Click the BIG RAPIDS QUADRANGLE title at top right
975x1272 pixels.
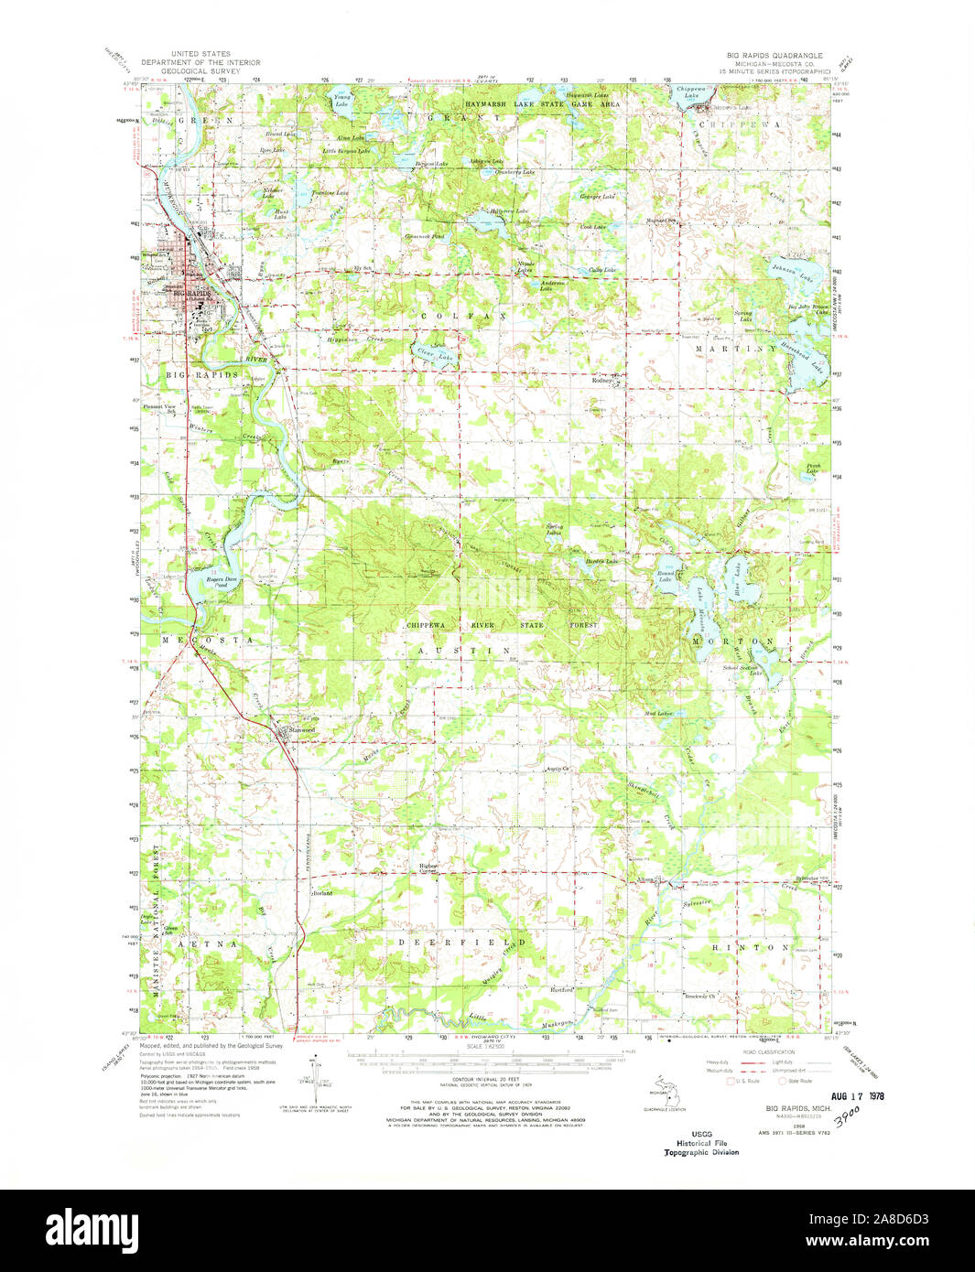point(768,56)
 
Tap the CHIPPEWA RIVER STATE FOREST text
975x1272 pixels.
point(501,625)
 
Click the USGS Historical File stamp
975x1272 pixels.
point(701,1142)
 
